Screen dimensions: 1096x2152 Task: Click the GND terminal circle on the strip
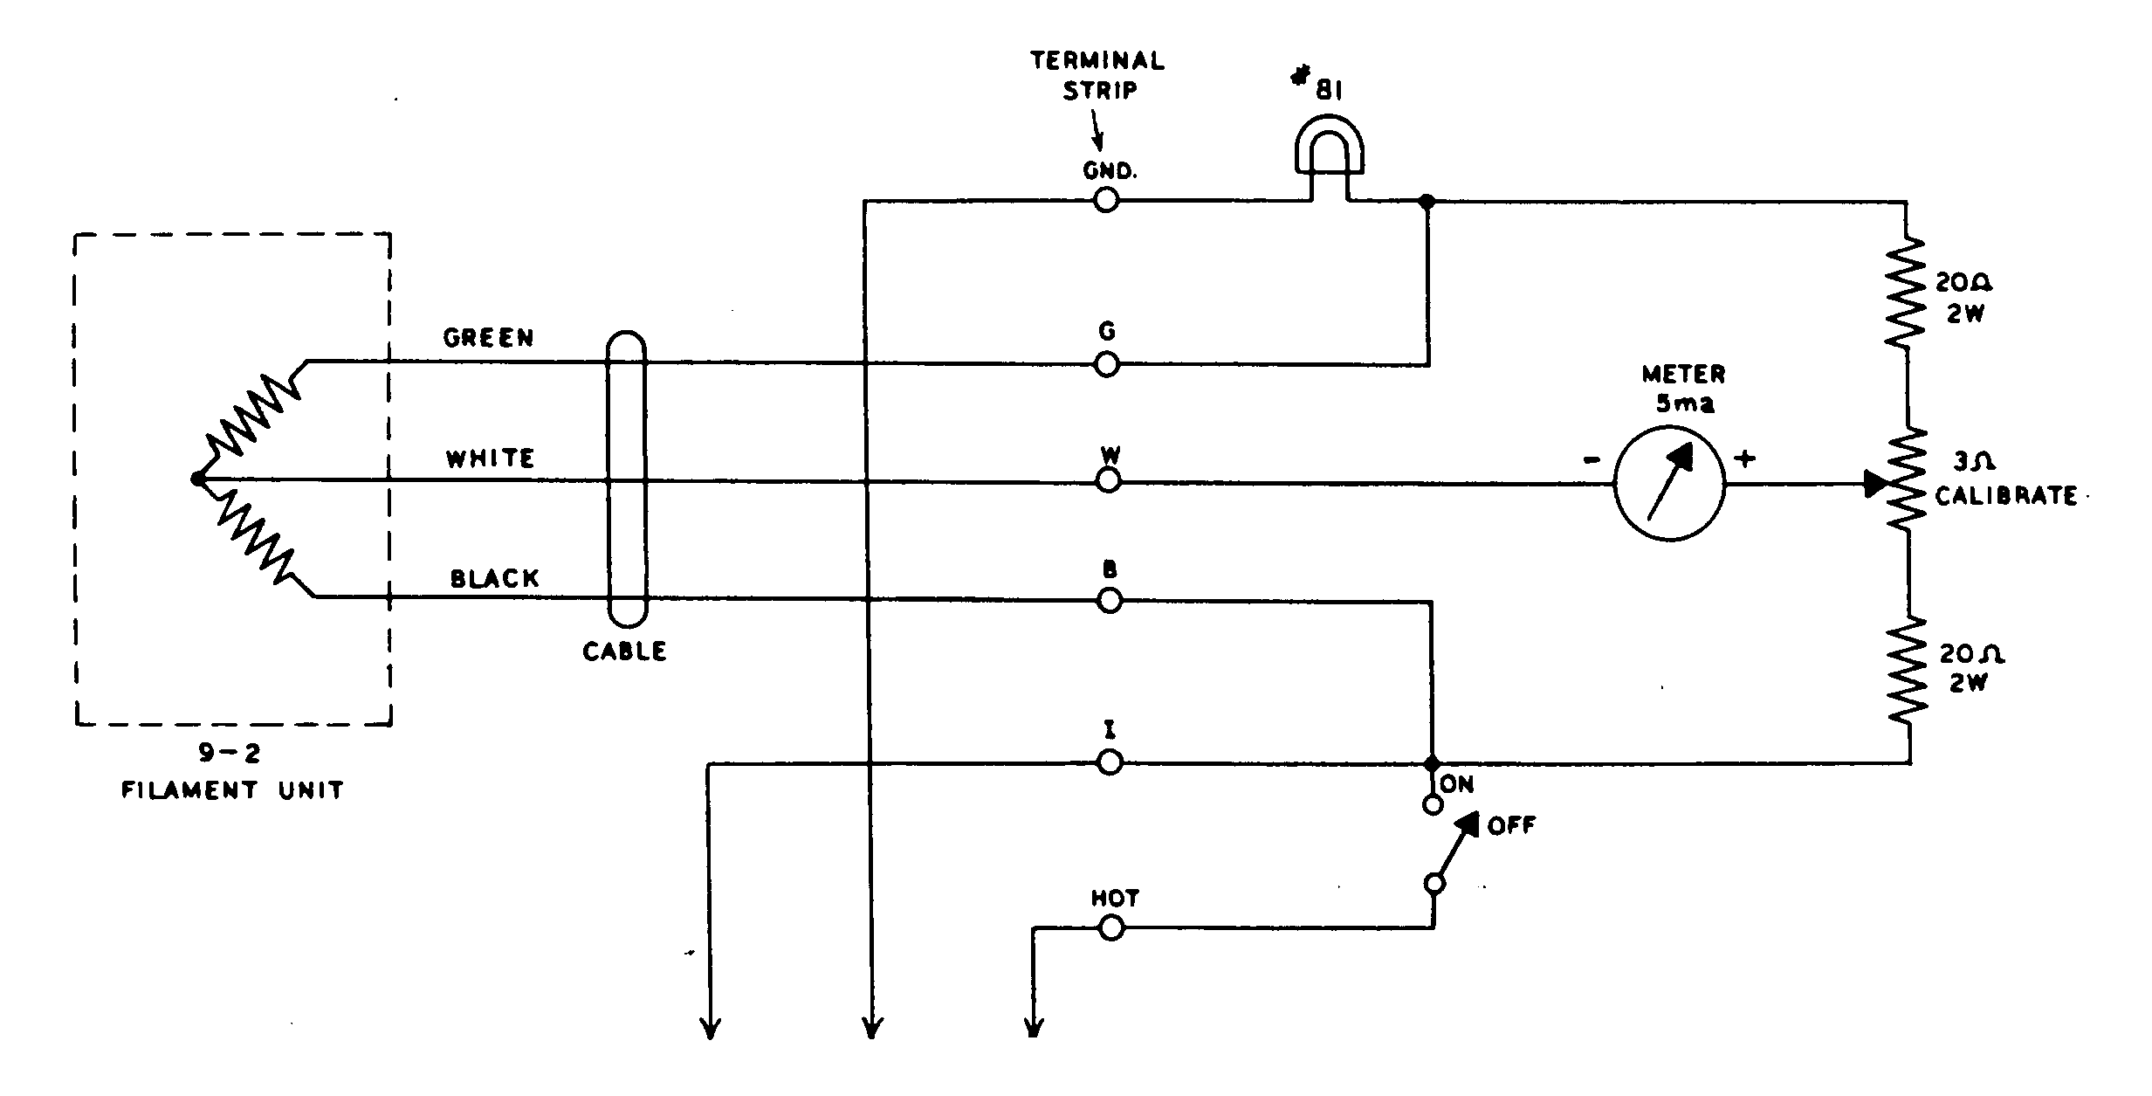point(1105,201)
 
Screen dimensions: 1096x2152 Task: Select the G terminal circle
point(1106,364)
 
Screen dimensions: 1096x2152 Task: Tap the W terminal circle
point(1108,480)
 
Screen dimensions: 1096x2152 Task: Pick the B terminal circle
point(1109,601)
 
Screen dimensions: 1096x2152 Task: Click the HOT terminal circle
point(1110,927)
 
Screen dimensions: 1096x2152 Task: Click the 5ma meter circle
point(1668,483)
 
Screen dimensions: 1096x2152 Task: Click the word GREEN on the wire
point(488,338)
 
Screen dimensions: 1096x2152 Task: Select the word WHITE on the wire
point(490,458)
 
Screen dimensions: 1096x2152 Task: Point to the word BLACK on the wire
point(494,578)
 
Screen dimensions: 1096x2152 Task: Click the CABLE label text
point(624,651)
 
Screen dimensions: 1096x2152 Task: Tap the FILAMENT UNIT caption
point(232,790)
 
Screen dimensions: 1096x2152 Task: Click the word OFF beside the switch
point(1510,825)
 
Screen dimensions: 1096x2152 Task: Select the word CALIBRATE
point(2005,496)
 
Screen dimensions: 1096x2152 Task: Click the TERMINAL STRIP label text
point(1097,75)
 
